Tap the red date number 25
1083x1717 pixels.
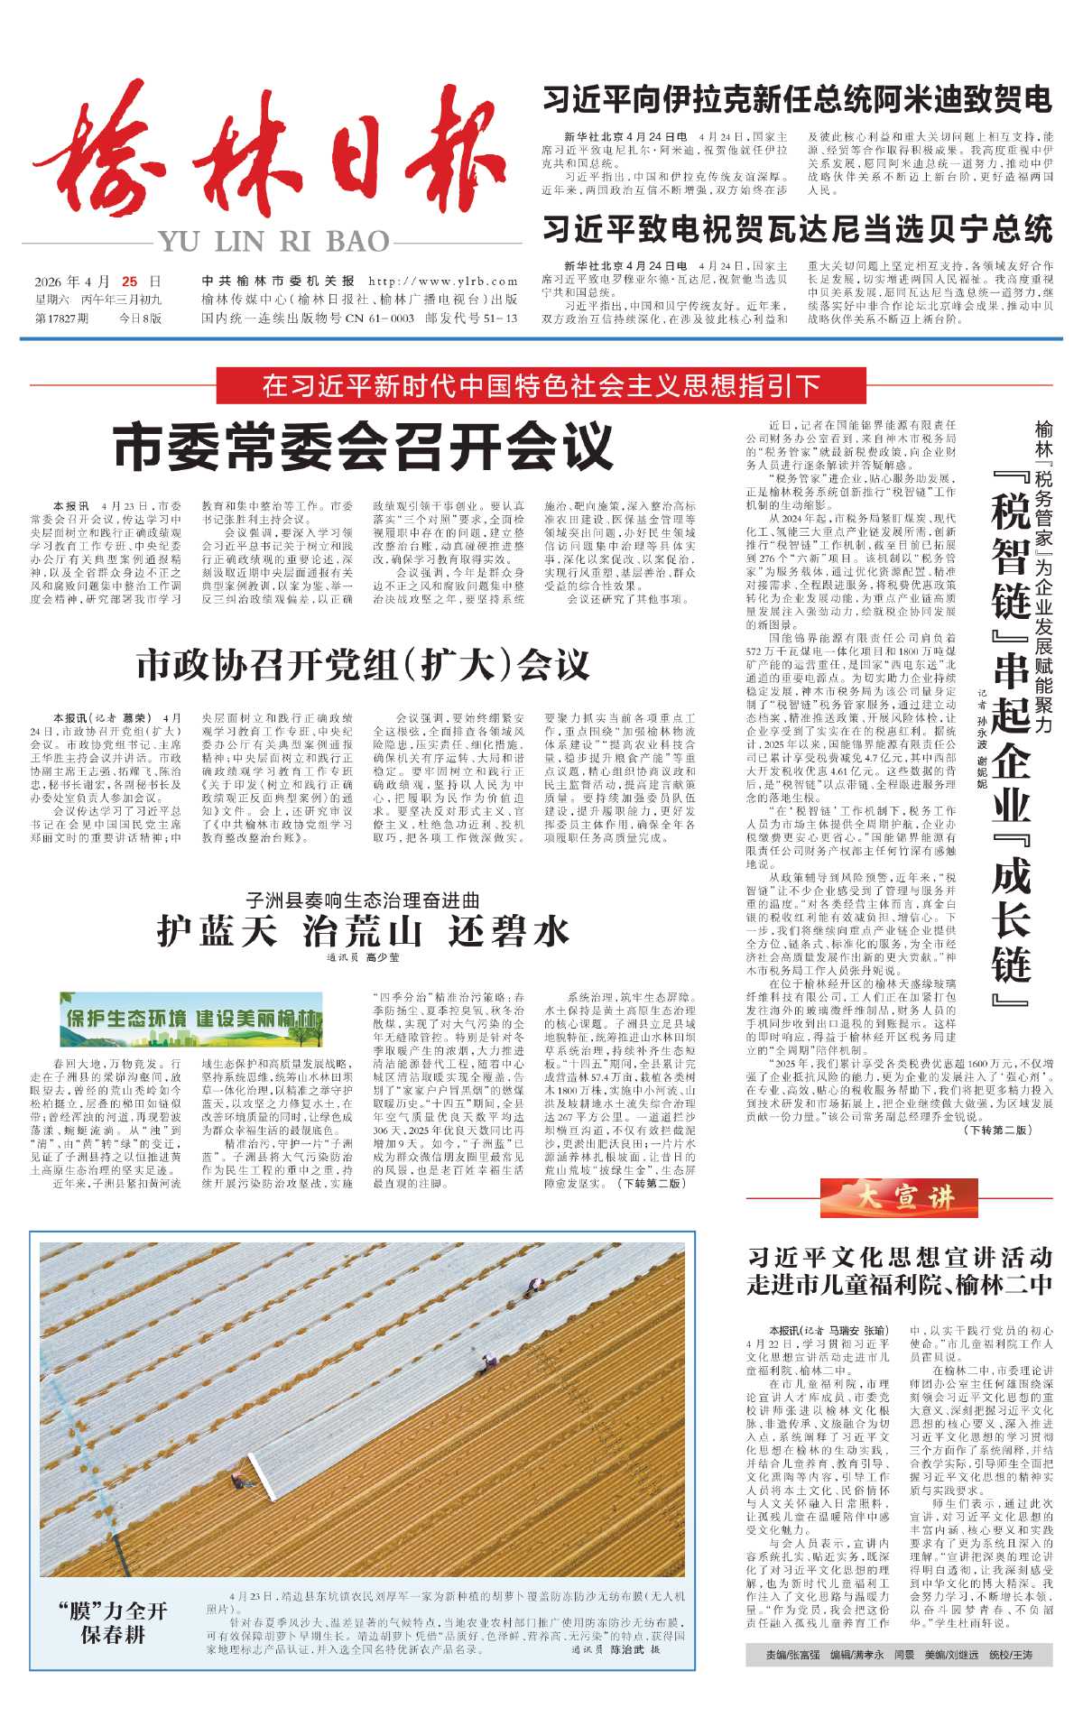tap(130, 282)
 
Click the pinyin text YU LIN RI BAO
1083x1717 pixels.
tap(274, 242)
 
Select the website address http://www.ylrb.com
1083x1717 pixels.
tap(443, 282)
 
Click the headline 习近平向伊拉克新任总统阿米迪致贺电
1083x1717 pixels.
tap(797, 99)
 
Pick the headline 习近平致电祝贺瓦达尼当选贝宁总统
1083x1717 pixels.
tap(797, 229)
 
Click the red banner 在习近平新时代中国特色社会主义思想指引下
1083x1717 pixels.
tap(541, 386)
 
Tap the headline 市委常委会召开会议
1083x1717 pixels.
tap(363, 446)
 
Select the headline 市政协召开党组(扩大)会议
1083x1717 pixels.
tap(363, 666)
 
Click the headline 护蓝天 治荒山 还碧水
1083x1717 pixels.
tap(363, 930)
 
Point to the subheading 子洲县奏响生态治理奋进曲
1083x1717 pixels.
tap(363, 900)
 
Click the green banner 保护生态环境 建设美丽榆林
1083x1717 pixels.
tap(191, 1019)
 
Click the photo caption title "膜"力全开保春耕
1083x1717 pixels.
tap(113, 1621)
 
